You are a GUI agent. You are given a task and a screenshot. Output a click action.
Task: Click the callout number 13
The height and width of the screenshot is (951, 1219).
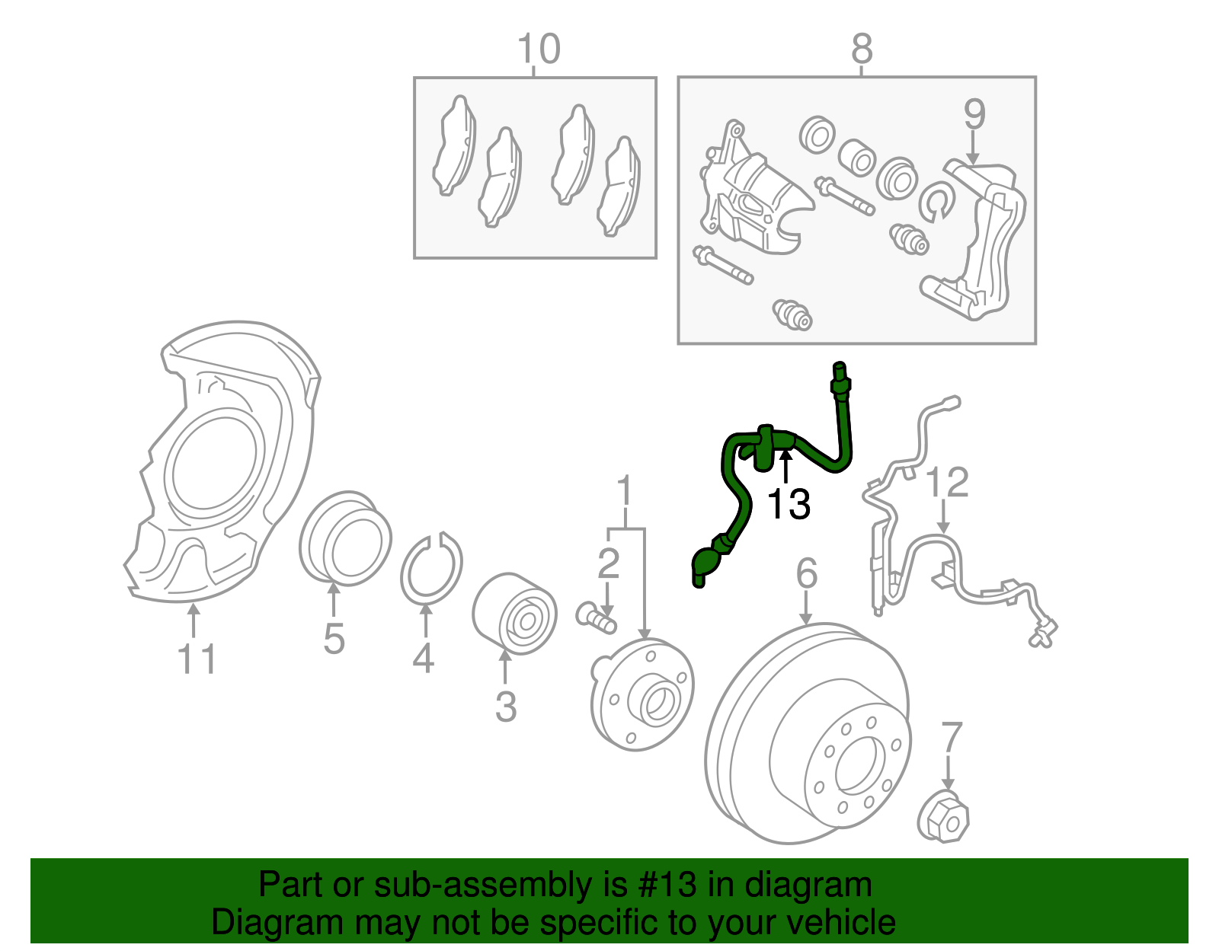pyautogui.click(x=788, y=504)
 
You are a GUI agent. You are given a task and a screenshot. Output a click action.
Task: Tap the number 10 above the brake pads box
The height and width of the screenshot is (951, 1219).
pyautogui.click(x=539, y=49)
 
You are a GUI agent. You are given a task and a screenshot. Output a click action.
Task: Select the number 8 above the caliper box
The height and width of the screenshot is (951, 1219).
pyautogui.click(x=861, y=49)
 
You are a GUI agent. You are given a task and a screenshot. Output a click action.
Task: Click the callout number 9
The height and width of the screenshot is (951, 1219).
pyautogui.click(x=974, y=114)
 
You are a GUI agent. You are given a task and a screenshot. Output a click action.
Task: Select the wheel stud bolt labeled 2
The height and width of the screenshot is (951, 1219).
pyautogui.click(x=596, y=616)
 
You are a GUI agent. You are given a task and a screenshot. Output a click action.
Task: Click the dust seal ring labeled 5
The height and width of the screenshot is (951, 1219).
pyautogui.click(x=345, y=538)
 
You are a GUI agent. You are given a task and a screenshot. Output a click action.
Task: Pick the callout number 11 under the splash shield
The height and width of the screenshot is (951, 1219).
pyautogui.click(x=197, y=659)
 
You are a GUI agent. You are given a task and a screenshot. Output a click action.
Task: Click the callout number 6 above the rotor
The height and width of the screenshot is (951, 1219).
pyautogui.click(x=807, y=573)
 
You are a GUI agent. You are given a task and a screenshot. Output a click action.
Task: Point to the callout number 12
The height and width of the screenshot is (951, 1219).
pyautogui.click(x=947, y=483)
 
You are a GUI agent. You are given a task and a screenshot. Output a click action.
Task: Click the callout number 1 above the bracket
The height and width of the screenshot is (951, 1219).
pyautogui.click(x=625, y=491)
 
